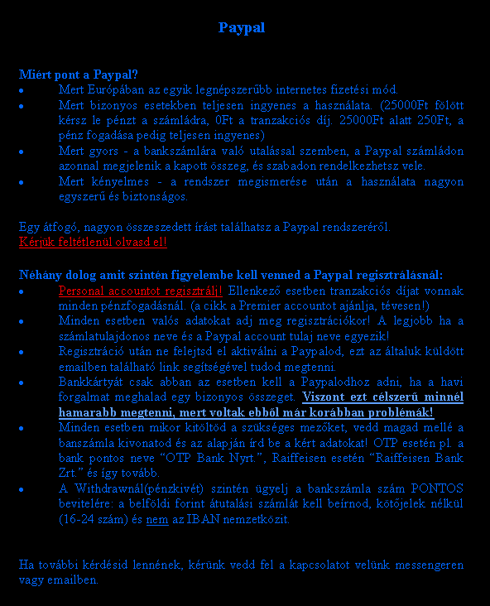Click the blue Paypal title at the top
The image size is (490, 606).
pos(242,28)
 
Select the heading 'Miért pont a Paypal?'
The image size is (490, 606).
pos(79,74)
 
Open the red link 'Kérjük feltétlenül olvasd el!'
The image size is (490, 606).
pos(93,243)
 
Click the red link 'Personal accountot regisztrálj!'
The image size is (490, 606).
pos(140,291)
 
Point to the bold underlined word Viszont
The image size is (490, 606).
pos(339,397)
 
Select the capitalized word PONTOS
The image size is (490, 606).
pos(438,488)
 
